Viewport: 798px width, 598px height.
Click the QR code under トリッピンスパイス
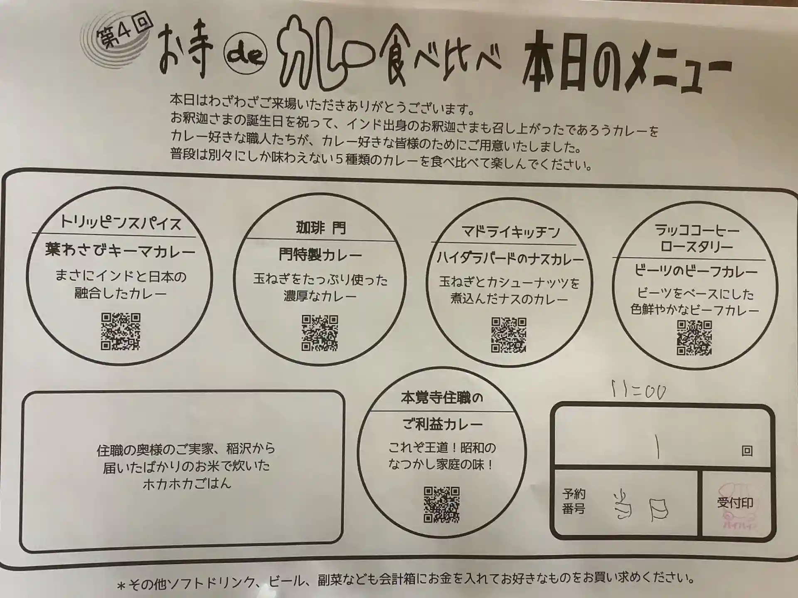[121, 331]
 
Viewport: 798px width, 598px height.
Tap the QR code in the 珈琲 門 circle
[320, 333]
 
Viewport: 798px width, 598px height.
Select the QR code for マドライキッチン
[509, 335]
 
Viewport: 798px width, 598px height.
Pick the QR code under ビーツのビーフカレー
[694, 338]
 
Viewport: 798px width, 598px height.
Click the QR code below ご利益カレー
[442, 505]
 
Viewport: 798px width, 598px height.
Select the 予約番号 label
[574, 501]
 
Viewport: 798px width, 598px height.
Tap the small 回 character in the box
[747, 451]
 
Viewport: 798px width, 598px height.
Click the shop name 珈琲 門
[320, 228]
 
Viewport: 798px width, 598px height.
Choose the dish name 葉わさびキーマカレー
[120, 250]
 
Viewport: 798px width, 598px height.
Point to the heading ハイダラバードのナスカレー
[510, 259]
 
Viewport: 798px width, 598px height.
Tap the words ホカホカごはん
[187, 483]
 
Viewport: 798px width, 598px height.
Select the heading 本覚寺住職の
[442, 398]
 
